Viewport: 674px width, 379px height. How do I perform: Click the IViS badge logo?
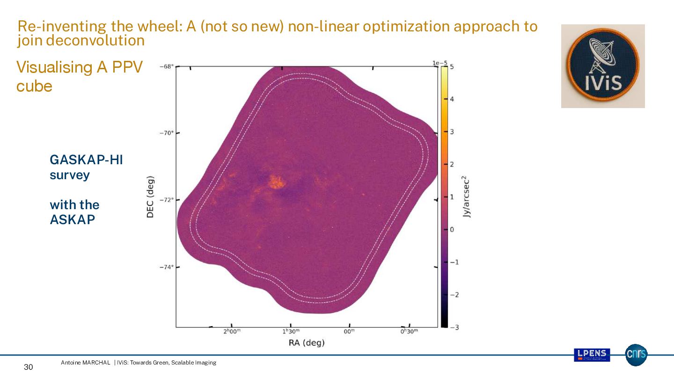point(603,66)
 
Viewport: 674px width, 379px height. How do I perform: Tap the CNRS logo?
point(636,355)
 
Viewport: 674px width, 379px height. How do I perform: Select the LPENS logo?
point(592,355)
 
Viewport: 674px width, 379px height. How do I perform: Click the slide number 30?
point(29,367)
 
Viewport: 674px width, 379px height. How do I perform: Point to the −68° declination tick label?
point(167,66)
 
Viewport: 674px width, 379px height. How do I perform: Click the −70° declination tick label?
point(167,133)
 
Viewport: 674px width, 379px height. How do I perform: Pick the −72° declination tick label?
point(167,200)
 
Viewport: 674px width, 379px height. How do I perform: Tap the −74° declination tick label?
point(167,267)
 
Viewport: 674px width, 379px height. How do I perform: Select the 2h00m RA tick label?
point(232,332)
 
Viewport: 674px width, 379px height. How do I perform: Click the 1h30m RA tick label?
point(291,332)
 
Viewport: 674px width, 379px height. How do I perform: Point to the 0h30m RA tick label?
point(409,332)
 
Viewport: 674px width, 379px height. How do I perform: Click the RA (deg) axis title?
point(307,343)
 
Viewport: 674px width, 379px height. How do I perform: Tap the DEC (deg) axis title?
point(150,197)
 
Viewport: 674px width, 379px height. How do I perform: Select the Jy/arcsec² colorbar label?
point(466,197)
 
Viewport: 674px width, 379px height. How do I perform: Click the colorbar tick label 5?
point(452,67)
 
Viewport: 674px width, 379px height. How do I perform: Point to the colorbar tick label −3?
point(454,327)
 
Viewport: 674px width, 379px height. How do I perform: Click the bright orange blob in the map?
point(277,182)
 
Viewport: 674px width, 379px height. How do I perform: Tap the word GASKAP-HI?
point(86,160)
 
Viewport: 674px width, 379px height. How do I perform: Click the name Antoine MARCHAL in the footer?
point(86,363)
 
